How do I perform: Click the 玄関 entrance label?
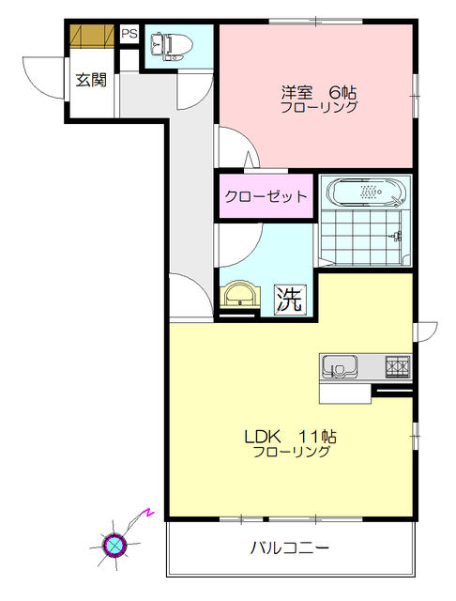(91, 80)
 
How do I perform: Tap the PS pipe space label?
(129, 35)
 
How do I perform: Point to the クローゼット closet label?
(266, 197)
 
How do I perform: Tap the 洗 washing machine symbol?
(289, 300)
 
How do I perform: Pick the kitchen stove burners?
(397, 364)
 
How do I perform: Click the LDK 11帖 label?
(291, 436)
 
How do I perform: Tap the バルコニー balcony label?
(289, 547)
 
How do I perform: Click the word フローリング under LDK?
(291, 452)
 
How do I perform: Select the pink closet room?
(266, 197)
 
